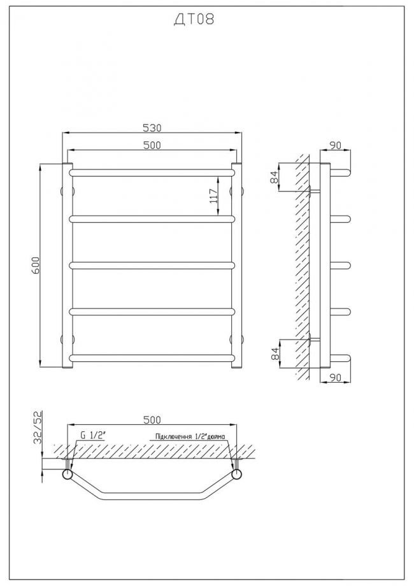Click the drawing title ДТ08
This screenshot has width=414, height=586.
[194, 19]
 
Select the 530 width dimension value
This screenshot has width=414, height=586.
[152, 128]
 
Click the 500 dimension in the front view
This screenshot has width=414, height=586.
[152, 145]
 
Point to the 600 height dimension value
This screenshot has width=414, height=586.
[35, 266]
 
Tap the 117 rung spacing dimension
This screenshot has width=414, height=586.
[214, 196]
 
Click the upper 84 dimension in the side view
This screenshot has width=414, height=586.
[275, 178]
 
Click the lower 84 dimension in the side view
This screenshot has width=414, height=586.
[275, 354]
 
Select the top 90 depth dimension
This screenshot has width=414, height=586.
[336, 145]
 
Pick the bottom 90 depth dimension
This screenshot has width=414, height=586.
[336, 378]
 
